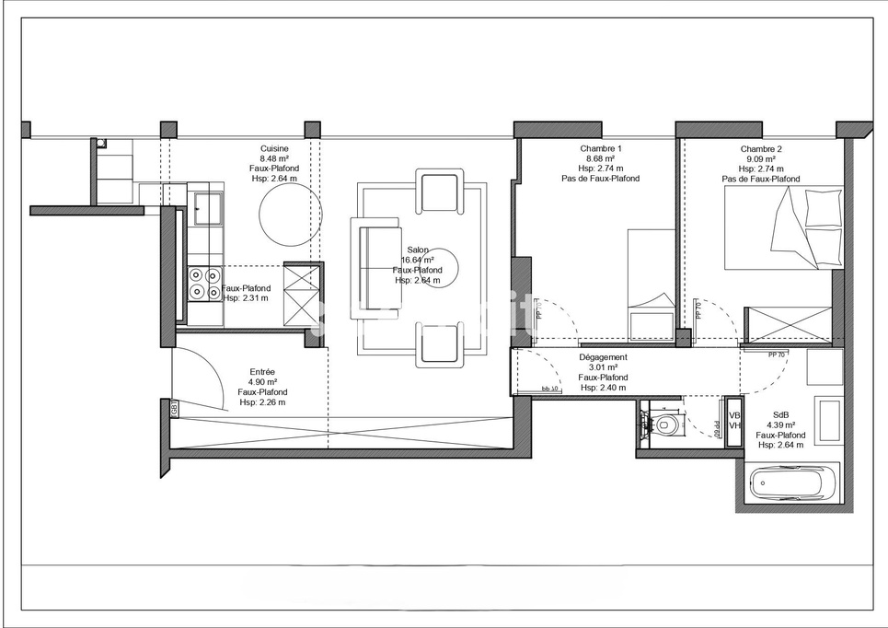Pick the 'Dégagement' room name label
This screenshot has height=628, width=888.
(x=603, y=357)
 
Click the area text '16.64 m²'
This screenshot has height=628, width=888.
(x=418, y=261)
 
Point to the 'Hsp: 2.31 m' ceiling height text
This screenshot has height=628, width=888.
(x=246, y=297)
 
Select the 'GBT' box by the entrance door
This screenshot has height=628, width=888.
(x=175, y=409)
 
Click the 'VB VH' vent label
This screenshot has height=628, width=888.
(x=734, y=421)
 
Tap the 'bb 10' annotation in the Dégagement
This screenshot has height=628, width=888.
(x=551, y=389)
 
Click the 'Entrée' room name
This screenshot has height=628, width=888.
(x=262, y=372)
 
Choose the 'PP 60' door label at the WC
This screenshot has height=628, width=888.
(x=717, y=428)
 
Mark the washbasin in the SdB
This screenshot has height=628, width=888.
(x=825, y=367)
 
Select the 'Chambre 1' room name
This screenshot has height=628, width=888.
(x=601, y=149)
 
